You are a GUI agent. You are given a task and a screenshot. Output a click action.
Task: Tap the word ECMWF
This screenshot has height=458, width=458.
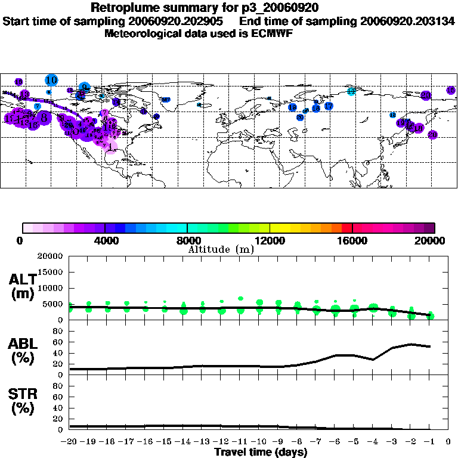(271, 33)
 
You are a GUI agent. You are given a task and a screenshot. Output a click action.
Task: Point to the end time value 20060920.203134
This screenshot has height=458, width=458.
(407, 21)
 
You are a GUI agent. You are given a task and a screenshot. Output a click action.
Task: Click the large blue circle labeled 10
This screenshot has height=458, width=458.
(51, 80)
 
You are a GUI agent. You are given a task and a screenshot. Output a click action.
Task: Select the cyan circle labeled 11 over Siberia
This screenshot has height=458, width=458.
(351, 91)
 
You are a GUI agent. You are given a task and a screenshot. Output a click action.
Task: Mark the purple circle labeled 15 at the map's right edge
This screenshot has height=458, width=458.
(451, 90)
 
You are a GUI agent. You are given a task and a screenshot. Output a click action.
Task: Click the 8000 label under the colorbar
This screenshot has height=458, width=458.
(187, 241)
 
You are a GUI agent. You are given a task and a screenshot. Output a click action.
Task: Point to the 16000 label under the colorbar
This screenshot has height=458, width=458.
(352, 241)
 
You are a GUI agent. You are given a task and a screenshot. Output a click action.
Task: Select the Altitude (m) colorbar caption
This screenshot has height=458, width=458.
(221, 249)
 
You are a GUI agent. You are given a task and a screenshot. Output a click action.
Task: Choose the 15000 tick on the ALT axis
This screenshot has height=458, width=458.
(51, 272)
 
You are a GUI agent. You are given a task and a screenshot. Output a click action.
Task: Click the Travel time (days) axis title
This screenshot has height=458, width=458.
(261, 452)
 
